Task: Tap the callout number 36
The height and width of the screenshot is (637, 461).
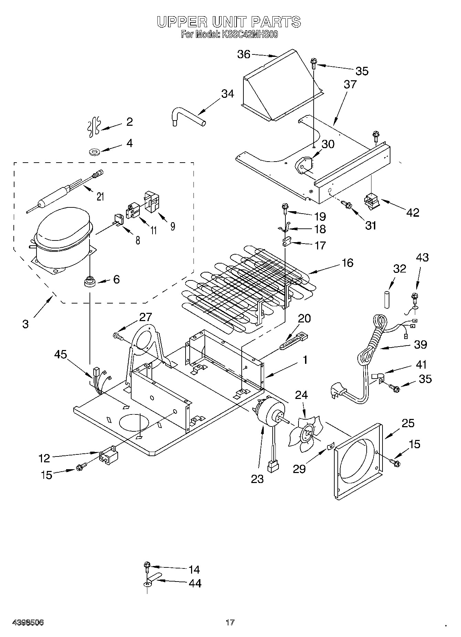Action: click(244, 54)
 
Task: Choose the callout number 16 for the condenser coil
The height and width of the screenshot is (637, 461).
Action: click(348, 263)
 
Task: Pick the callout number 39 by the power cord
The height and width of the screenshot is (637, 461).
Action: click(420, 344)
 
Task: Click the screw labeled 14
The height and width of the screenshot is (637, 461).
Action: click(147, 566)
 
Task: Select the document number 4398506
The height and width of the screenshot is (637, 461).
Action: click(28, 623)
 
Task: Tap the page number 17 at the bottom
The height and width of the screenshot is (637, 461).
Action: click(230, 623)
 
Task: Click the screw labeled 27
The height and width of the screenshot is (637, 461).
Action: click(118, 335)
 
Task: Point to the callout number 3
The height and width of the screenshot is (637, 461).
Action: click(25, 324)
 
